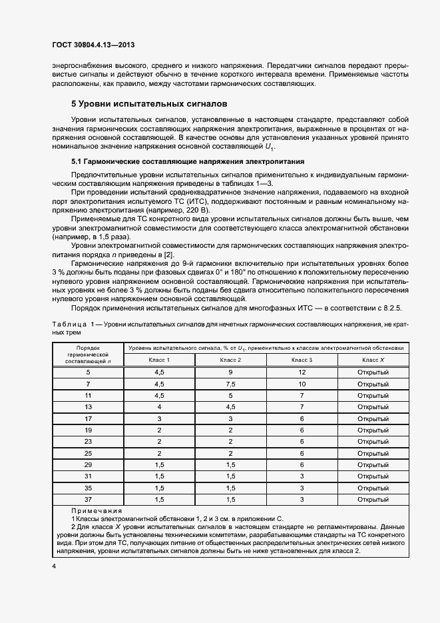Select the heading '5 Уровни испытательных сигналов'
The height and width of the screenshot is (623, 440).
click(149, 104)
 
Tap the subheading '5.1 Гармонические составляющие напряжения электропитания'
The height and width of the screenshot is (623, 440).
click(178, 161)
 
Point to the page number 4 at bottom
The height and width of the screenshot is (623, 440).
click(53, 566)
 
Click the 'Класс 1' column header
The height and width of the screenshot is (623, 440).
click(159, 360)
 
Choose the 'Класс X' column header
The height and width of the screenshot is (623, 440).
click(373, 360)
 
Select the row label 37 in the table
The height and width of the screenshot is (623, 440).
click(88, 498)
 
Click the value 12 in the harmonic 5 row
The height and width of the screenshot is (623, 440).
click(302, 372)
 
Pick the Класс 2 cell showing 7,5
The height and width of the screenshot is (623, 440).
click(230, 384)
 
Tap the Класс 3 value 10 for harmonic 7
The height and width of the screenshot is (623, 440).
click(302, 384)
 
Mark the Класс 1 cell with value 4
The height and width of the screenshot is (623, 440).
click(159, 406)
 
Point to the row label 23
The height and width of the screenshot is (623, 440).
click(88, 441)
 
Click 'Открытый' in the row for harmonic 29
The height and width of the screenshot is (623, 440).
click(373, 464)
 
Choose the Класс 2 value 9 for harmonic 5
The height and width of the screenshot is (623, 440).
click(230, 372)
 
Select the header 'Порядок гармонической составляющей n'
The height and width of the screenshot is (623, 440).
click(88, 354)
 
